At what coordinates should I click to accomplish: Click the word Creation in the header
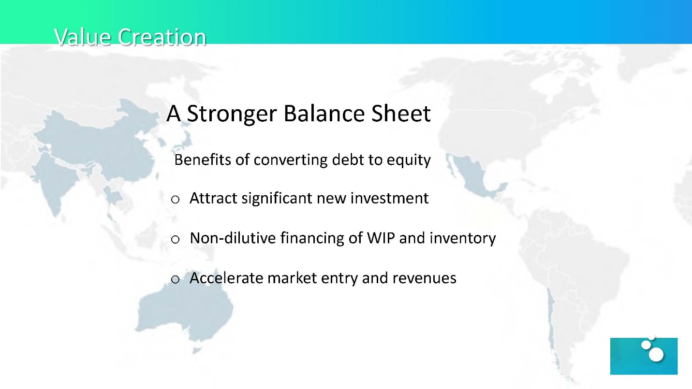tap(162, 37)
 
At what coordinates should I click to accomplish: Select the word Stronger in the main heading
tap(232, 114)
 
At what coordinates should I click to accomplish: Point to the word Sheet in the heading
tap(401, 113)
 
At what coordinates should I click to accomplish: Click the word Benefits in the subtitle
tap(203, 159)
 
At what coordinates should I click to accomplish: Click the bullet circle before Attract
tap(175, 200)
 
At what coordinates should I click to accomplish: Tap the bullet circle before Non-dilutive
tap(175, 239)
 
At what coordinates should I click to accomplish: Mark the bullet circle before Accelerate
tap(175, 279)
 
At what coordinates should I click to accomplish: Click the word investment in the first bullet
tap(390, 198)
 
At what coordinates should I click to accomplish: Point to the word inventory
tap(463, 239)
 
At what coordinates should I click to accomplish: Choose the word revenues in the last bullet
tap(425, 278)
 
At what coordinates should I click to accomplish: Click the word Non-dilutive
tap(233, 238)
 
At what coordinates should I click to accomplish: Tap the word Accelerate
tap(226, 278)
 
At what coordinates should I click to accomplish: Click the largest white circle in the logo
tap(656, 354)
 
